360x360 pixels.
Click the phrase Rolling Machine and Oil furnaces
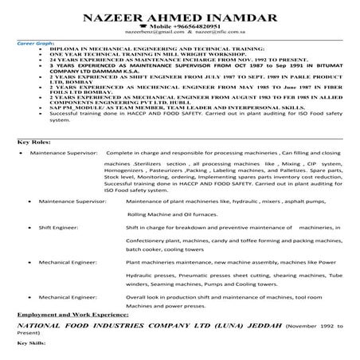[174, 214]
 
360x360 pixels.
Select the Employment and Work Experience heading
[70, 316]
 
